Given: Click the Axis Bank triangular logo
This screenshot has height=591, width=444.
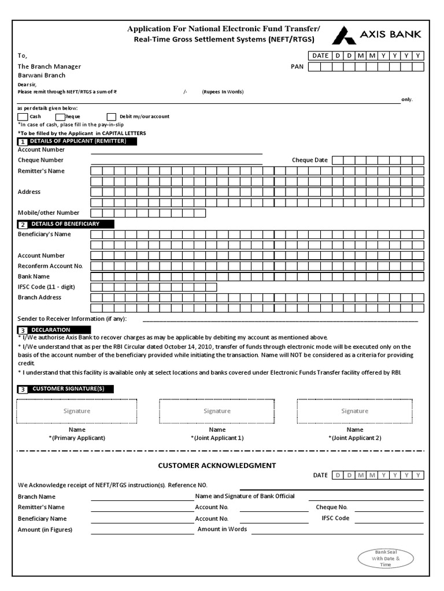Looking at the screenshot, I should pos(344,35).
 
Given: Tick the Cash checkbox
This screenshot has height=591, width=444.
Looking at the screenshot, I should pos(23,117).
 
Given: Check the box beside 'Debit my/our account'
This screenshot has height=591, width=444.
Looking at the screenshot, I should pos(112,117).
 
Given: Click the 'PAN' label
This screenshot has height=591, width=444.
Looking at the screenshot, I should pos(297,66).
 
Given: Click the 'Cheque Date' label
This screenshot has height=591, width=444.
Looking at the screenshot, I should pos(310,160).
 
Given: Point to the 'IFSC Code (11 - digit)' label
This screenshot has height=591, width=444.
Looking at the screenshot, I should pos(46,287).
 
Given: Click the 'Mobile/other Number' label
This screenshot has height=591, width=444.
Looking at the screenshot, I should pos(49,212).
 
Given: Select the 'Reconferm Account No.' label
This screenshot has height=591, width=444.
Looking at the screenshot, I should pos(50,265).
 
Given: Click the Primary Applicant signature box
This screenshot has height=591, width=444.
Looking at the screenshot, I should pos(77,411).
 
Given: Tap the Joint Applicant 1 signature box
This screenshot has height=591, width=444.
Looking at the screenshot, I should pos(217,411).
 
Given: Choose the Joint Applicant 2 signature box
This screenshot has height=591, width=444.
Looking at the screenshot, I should pos(354,411).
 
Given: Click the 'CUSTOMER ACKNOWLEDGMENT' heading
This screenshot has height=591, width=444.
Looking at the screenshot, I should pos(217,465).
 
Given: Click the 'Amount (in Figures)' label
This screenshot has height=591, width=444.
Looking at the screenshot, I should pos(45,529).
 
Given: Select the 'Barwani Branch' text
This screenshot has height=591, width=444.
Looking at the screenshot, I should pos(42,75).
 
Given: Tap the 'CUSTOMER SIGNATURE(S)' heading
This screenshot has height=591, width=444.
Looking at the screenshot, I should pos(68,389).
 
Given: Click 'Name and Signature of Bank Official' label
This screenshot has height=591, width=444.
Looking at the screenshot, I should pos(245,496).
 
